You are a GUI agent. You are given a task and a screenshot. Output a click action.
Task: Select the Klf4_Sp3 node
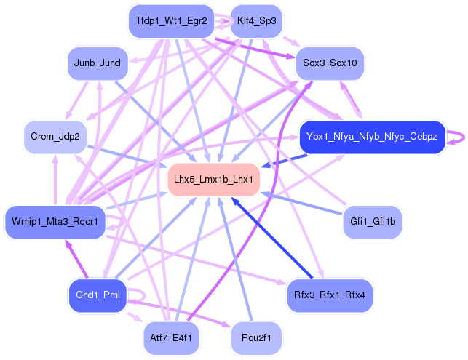click(257, 21)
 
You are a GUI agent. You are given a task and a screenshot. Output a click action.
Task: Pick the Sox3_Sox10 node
click(330, 63)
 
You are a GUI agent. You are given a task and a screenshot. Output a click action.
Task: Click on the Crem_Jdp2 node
click(55, 136)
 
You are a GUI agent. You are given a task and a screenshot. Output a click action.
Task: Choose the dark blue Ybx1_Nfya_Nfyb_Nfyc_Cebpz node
click(371, 136)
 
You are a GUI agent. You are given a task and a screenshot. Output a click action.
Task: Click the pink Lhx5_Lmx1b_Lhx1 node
click(214, 179)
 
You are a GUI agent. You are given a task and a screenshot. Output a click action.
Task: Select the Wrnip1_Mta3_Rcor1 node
click(55, 220)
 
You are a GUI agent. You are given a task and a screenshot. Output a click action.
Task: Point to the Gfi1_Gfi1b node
click(372, 220)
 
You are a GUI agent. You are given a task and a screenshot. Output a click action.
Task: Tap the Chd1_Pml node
click(97, 295)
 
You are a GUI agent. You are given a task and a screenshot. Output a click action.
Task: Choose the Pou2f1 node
click(256, 337)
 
